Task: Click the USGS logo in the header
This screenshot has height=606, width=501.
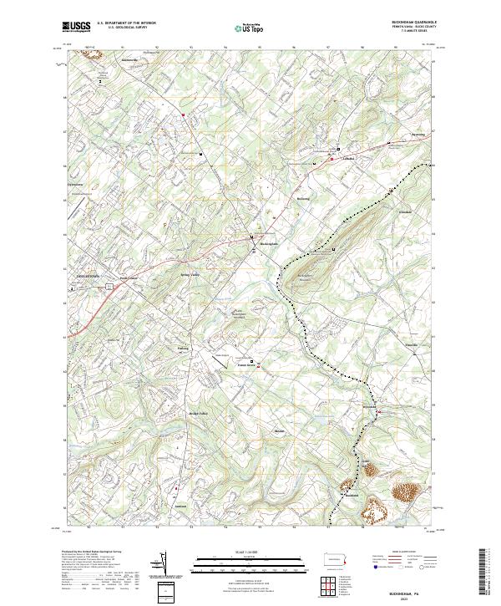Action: (76, 28)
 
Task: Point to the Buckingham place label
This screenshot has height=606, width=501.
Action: (267, 243)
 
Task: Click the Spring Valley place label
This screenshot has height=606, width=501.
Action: (189, 273)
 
